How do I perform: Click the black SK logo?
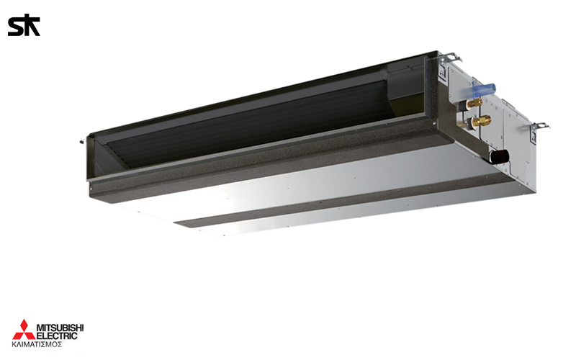pos(24,25)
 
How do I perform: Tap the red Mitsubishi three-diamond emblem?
pos(24,330)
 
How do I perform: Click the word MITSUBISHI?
pos(60,328)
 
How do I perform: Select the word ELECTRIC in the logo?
pos(58,336)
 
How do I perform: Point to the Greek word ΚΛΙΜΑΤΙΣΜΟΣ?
pos(37,345)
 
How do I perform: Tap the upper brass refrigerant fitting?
pos(474,103)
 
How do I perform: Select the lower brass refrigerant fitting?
pos(481,120)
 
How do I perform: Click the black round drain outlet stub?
pos(500,156)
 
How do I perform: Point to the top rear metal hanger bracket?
pos(451,58)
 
